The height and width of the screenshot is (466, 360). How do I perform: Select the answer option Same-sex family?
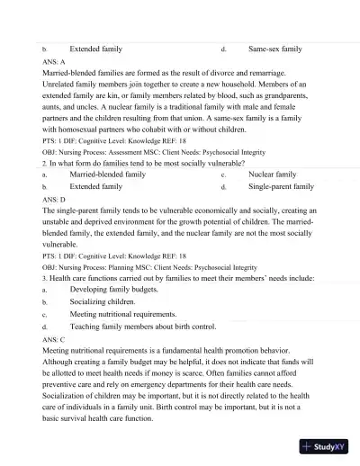(275, 49)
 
